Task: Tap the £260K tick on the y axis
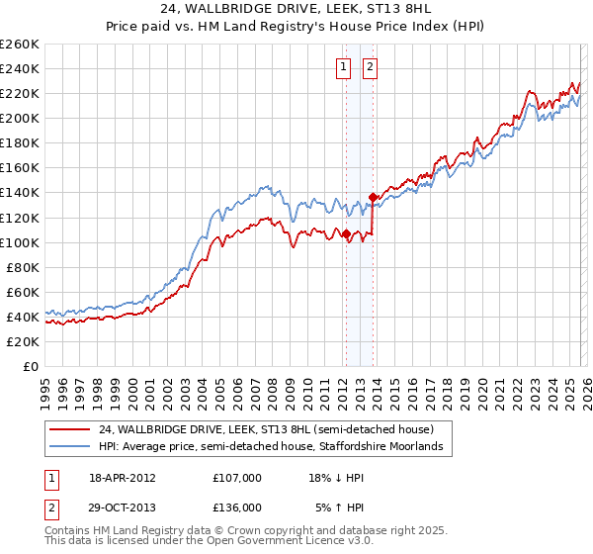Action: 20,45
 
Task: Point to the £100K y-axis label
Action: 20,242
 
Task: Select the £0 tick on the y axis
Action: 31,366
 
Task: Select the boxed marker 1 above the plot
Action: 343,67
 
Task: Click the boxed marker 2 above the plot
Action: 370,67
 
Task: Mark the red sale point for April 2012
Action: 346,234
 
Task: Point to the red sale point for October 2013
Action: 373,197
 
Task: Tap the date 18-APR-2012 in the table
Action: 122,477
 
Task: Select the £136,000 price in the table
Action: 236,507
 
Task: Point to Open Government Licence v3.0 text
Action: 183,543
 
